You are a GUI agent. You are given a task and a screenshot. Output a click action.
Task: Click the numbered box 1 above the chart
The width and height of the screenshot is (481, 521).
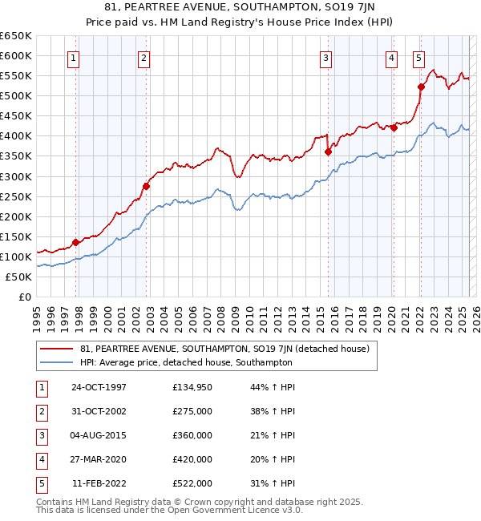tap(74, 57)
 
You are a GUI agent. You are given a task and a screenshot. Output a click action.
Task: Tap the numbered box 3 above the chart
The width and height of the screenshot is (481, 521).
tap(326, 57)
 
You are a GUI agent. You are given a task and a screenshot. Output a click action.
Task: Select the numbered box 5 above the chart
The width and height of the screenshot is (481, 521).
tap(418, 57)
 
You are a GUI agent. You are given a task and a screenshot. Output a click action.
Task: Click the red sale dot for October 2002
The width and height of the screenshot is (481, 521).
tap(146, 186)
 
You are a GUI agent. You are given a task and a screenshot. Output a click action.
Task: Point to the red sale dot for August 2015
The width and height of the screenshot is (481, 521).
tap(328, 151)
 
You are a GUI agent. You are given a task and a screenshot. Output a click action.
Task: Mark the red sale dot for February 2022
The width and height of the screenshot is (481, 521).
tap(421, 87)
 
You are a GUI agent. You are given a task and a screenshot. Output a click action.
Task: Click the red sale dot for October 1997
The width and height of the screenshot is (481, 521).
tap(75, 242)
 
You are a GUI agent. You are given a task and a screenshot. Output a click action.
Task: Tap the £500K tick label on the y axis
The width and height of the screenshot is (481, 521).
tap(16, 95)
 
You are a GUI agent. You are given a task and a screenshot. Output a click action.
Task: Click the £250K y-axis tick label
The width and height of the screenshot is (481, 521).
tap(16, 196)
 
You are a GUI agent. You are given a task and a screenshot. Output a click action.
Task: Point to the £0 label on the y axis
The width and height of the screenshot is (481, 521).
tap(23, 297)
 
